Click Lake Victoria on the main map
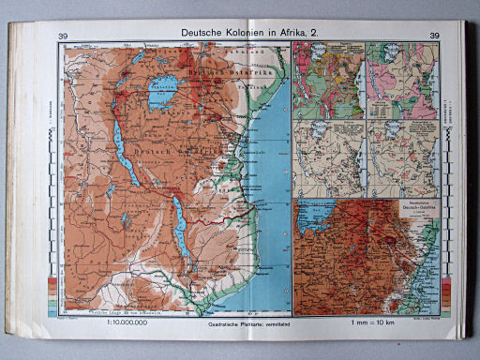(172, 91)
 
